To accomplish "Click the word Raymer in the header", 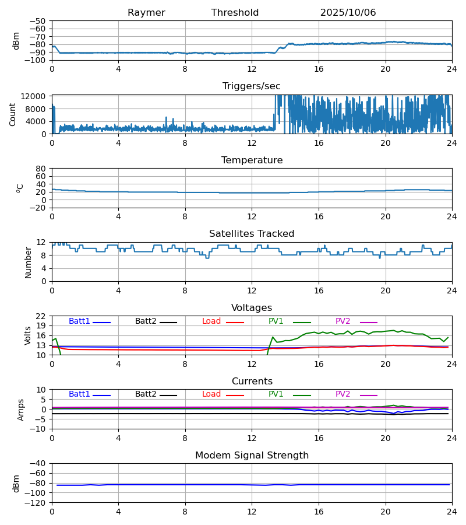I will click(146, 13).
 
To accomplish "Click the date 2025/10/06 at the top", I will click(348, 13).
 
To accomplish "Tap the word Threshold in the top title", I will click(235, 13).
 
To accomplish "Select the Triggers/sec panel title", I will click(252, 86).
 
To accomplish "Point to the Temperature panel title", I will click(252, 160).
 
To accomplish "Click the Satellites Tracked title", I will click(252, 234).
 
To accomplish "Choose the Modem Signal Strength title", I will click(252, 456).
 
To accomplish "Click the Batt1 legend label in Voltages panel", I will click(79, 321).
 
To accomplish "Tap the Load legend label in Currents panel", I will click(211, 394).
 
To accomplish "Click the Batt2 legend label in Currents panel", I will click(146, 394).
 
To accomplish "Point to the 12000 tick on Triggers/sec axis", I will click(36, 96).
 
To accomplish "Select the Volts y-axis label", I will click(28, 335).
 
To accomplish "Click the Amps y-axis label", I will click(22, 409).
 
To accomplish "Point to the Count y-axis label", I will click(13, 114).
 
